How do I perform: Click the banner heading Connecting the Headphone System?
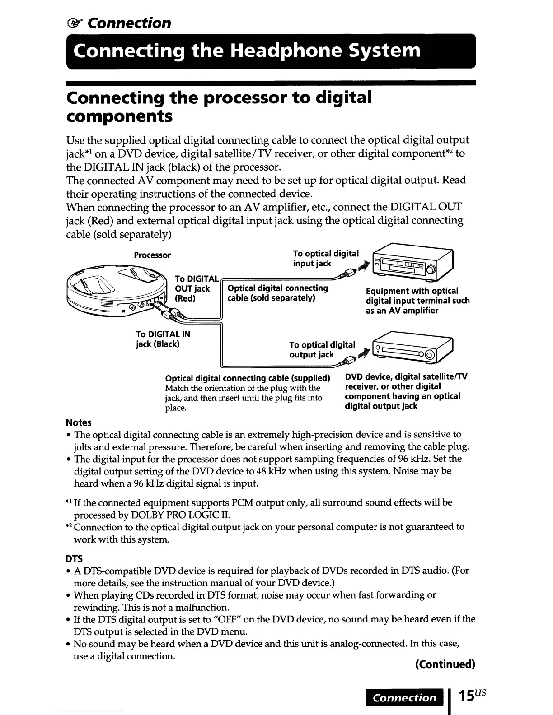pyautogui.click(x=247, y=50)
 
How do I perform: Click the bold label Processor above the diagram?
pyautogui.click(x=152, y=255)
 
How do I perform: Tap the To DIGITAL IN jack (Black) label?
pyautogui.click(x=163, y=339)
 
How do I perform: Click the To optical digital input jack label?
pyautogui.click(x=325, y=259)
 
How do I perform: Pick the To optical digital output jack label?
pyautogui.click(x=322, y=350)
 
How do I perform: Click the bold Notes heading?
pyautogui.click(x=79, y=422)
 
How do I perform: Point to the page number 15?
pyautogui.click(x=466, y=696)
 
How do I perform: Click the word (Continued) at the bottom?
pyautogui.click(x=445, y=664)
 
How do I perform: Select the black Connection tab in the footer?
pyautogui.click(x=405, y=698)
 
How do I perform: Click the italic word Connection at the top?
pyautogui.click(x=129, y=23)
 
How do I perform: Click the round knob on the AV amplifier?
pyautogui.click(x=431, y=270)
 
